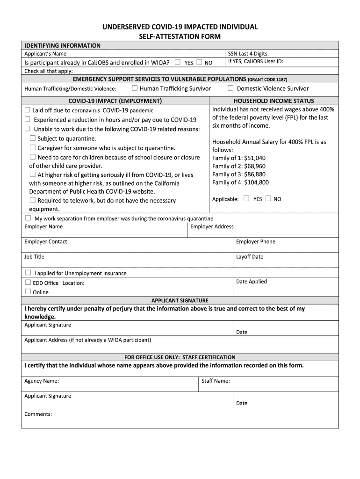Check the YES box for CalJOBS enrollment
point(178,62)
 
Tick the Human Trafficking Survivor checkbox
point(135,88)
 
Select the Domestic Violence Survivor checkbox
point(230,88)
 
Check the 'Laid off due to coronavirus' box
point(27,110)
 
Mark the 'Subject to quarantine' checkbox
point(33,138)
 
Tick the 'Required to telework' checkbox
point(33,200)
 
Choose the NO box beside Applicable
point(268,198)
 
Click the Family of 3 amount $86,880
point(255,174)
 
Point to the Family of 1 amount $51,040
point(255,158)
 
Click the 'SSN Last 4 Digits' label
point(248,54)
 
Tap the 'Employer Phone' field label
point(256,242)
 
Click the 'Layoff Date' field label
point(250,257)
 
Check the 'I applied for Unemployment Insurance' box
point(28,272)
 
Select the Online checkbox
point(28,291)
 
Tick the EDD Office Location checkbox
point(28,283)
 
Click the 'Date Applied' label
point(252,282)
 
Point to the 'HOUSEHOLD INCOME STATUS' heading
point(274,101)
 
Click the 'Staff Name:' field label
point(216,381)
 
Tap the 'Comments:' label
point(38,414)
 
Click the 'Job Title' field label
point(34,257)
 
